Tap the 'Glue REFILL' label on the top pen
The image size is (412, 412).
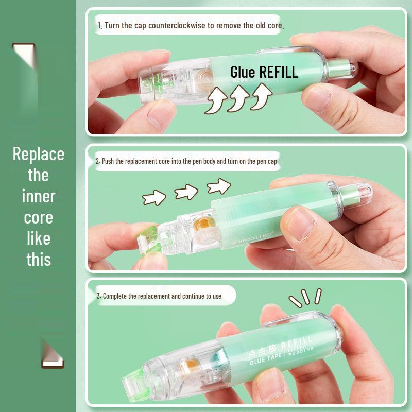(x=264, y=72)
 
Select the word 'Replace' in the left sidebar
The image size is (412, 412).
(x=39, y=154)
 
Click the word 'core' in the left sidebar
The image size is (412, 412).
(x=39, y=217)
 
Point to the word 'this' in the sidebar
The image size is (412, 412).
(x=39, y=260)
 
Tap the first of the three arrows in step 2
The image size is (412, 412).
(x=154, y=197)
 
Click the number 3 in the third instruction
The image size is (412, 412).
(x=98, y=296)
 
